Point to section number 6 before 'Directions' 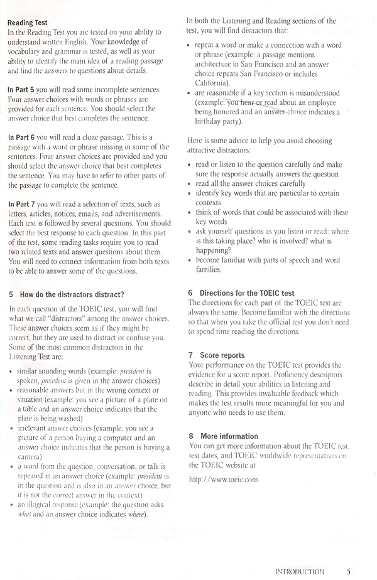point(190,293)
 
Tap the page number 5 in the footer point(348,572)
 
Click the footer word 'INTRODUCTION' point(300,572)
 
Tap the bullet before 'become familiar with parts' point(189,259)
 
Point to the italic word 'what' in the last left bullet point(27,516)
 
